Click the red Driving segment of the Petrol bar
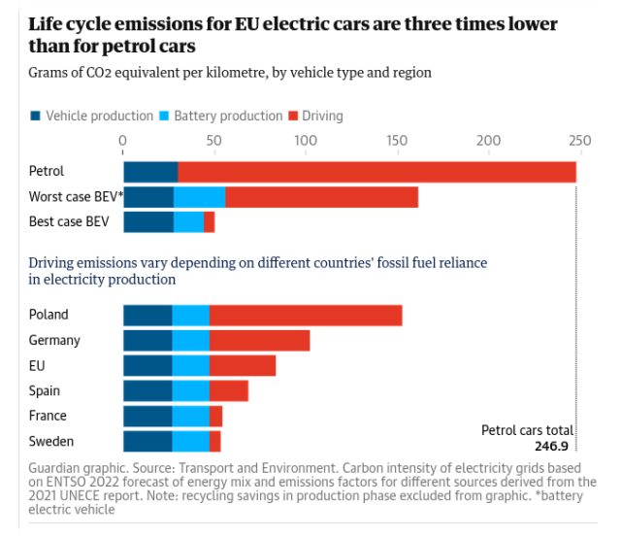coord(376,172)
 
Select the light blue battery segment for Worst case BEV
coord(199,197)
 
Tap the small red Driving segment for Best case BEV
coord(209,222)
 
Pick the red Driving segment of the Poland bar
coord(305,315)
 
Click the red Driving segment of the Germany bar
coord(259,340)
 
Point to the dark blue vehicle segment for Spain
coord(147,390)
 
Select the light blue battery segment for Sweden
coord(190,442)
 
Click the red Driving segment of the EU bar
coord(242,365)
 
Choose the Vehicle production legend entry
coord(92,116)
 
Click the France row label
coord(49,417)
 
